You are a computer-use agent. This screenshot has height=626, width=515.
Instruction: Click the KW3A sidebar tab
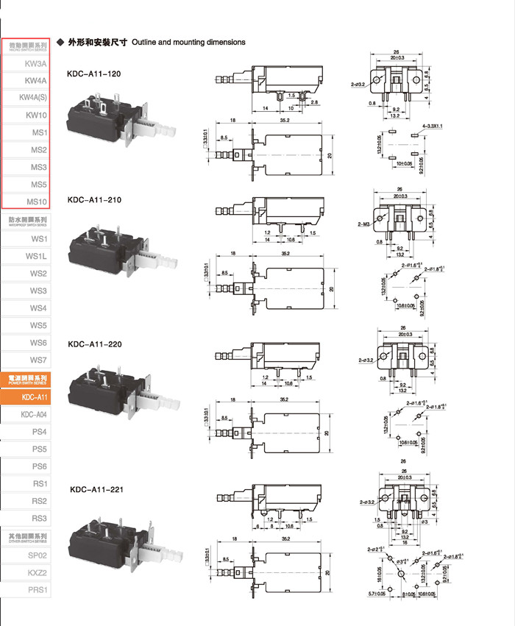point(35,63)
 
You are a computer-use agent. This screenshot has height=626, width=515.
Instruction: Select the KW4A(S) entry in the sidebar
point(32,98)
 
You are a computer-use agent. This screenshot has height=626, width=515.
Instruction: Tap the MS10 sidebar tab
point(37,202)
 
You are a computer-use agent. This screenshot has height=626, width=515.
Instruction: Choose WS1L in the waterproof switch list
point(36,256)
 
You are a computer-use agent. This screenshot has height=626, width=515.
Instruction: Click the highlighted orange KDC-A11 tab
point(35,397)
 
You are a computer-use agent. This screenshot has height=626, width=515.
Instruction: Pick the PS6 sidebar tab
point(39,466)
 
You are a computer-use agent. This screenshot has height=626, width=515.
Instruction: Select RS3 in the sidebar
point(39,519)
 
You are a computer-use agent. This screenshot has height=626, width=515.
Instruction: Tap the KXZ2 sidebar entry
point(38,572)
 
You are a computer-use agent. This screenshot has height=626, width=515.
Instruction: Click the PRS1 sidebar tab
point(38,589)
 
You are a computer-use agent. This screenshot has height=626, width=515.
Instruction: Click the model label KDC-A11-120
point(93,74)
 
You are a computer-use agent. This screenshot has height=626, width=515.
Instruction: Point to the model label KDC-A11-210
point(94,200)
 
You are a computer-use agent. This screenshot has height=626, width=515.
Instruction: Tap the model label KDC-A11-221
point(97,489)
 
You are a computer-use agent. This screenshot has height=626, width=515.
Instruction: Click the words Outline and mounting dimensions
point(188,43)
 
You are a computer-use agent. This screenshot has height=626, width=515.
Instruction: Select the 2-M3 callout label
point(363,223)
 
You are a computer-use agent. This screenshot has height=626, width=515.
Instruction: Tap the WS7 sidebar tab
point(38,360)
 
